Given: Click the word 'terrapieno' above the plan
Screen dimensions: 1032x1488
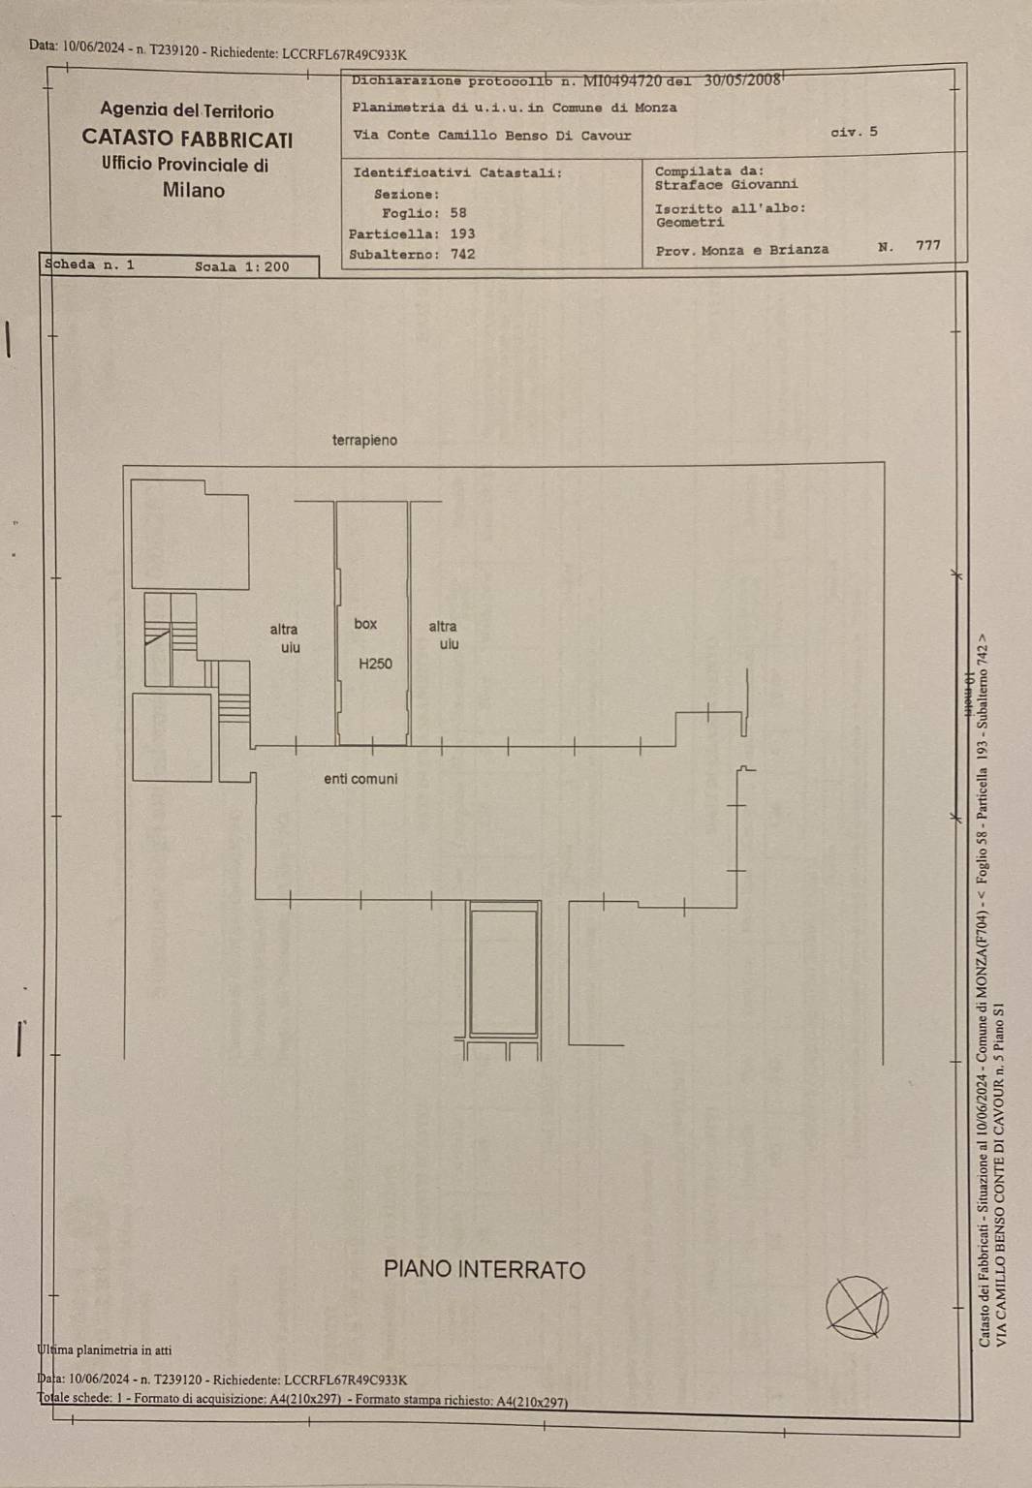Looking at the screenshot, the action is point(364,441).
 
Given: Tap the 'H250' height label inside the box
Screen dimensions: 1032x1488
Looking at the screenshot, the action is point(375,664).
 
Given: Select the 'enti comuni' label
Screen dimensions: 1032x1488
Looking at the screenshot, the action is point(360,779).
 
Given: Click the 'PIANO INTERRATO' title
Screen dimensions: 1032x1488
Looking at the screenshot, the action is point(485,1269).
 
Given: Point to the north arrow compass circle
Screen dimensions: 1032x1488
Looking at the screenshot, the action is point(858,1307).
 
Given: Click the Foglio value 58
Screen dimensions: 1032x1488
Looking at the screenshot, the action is point(458,213).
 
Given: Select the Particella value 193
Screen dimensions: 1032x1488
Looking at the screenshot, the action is point(462,233).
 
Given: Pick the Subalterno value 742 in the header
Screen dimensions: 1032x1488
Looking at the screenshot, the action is point(462,255).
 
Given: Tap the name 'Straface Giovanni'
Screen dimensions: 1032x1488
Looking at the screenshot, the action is point(727,185).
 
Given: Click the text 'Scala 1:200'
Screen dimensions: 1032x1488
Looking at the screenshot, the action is point(242,267).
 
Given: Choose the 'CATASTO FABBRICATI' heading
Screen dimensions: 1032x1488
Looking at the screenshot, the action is point(187,139).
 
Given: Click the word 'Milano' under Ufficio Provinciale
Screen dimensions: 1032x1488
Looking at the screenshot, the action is point(194,191).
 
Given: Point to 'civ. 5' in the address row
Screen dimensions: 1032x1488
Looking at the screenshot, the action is point(854,132).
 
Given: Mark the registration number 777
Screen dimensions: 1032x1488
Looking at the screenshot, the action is point(928,245).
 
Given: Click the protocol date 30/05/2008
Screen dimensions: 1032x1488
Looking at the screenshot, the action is point(741,79).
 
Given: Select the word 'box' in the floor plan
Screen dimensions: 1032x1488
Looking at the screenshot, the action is point(365,624).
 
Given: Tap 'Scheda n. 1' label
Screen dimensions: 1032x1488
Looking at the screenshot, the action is point(89,264).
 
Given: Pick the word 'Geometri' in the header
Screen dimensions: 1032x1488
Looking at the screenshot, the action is point(691,223).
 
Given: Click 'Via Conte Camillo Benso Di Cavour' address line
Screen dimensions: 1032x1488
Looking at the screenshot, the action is point(491,136).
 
